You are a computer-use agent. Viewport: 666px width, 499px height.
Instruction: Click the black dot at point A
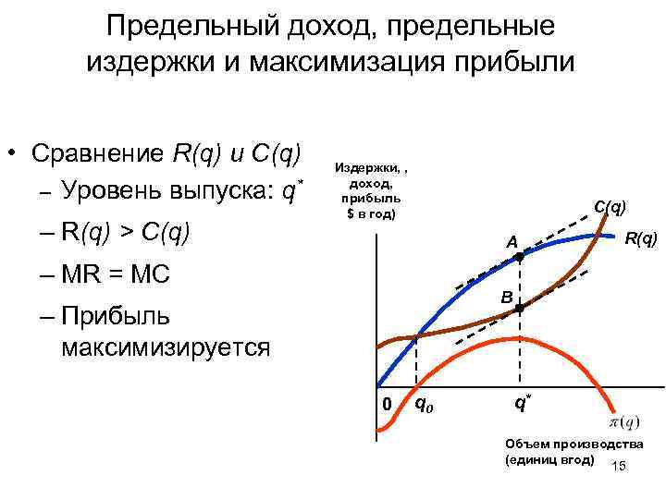tap(519, 260)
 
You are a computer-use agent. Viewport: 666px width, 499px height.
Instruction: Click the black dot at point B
tap(519, 309)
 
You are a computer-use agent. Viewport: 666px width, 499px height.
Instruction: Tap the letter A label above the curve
tap(510, 242)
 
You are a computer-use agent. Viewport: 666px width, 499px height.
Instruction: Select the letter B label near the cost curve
tap(506, 298)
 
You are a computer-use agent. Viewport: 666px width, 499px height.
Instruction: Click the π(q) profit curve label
tap(623, 422)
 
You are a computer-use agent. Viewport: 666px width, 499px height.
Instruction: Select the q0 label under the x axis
tap(423, 403)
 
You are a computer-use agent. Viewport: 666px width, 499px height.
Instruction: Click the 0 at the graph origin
tap(388, 404)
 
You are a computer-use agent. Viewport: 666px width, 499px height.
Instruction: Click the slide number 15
tap(619, 466)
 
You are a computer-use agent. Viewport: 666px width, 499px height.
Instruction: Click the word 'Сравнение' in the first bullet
tap(97, 152)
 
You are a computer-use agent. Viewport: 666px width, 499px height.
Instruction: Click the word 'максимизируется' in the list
tap(166, 347)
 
